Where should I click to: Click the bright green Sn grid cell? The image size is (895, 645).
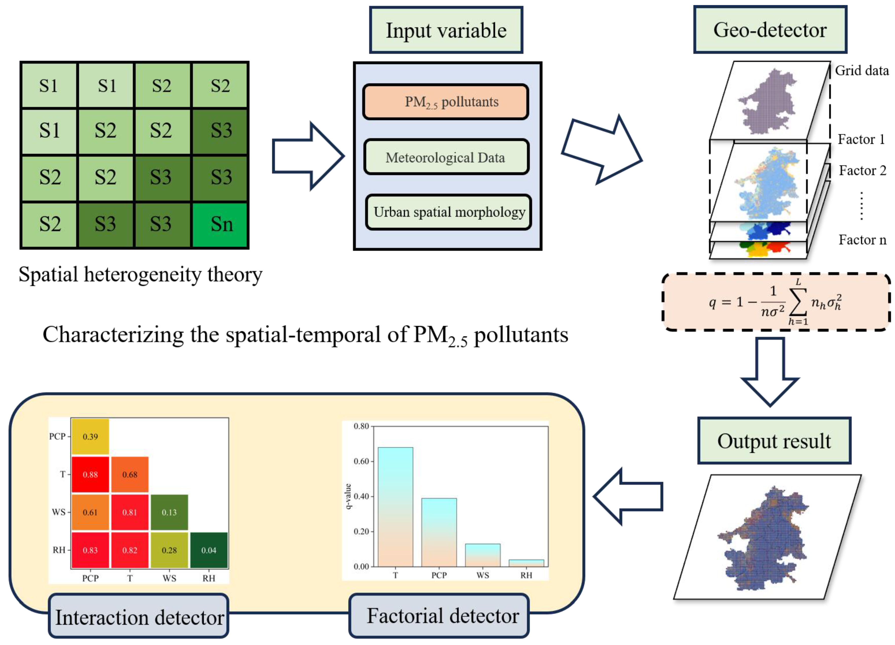click(220, 224)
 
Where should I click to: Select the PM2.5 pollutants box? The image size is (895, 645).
click(446, 102)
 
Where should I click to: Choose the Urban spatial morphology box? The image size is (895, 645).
click(449, 212)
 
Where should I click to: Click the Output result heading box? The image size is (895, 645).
click(774, 441)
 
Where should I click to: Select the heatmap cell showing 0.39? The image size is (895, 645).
click(90, 436)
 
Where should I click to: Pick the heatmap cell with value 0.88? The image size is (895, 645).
click(90, 474)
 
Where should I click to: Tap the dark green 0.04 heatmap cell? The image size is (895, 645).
click(209, 550)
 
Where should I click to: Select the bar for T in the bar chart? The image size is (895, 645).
click(395, 507)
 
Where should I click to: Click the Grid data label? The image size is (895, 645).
click(862, 71)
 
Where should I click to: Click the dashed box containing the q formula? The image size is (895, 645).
click(776, 302)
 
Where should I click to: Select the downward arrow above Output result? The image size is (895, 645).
click(770, 371)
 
